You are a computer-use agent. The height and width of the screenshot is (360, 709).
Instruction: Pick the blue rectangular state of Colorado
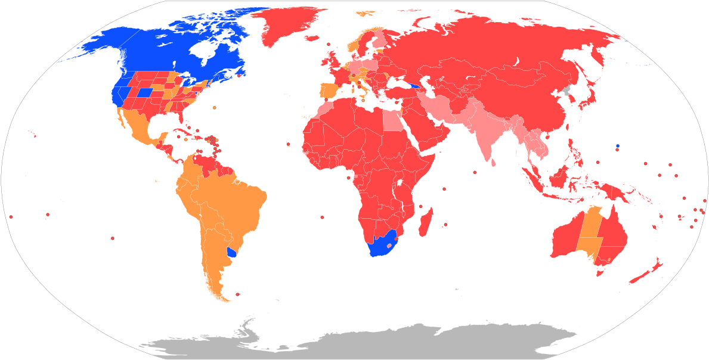click(144, 92)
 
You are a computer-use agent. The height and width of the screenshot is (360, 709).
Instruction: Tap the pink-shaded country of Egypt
click(391, 122)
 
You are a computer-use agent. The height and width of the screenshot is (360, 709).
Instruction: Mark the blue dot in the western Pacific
click(618, 145)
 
